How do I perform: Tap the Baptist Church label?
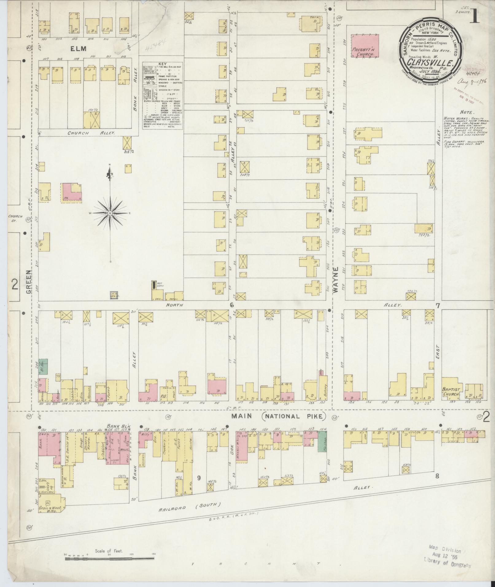point(451,392)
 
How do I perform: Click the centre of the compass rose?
point(110,213)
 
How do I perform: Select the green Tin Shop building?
point(322,442)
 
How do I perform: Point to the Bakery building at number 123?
point(322,387)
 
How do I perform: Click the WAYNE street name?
point(337,280)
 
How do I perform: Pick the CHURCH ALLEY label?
point(91,133)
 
